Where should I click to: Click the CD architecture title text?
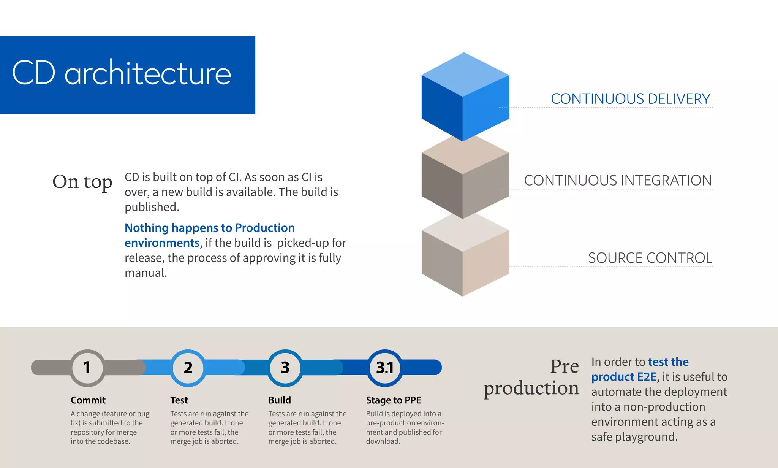(x=122, y=73)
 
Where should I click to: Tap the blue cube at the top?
(x=465, y=97)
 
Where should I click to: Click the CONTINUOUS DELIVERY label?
(x=630, y=99)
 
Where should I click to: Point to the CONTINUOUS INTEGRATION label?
(x=618, y=180)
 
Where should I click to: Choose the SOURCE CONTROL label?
(x=650, y=258)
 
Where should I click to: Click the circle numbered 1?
(x=87, y=368)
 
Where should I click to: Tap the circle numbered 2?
(x=188, y=368)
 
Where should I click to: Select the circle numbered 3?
(x=285, y=368)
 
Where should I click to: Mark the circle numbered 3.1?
(x=385, y=368)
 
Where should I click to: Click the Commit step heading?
(x=88, y=400)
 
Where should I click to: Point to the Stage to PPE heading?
(x=393, y=400)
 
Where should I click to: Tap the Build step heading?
(x=280, y=400)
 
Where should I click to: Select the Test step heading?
(x=179, y=400)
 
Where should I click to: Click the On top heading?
(x=82, y=182)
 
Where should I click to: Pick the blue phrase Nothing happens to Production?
(x=209, y=228)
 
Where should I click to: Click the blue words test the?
(x=668, y=362)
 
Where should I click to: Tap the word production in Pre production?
(x=531, y=389)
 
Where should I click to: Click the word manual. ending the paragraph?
(x=146, y=273)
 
